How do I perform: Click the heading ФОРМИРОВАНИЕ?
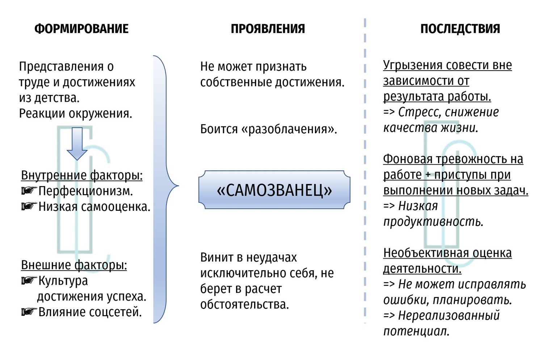81,29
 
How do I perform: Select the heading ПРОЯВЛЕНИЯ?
268,29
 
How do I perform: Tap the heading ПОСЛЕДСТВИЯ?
460,29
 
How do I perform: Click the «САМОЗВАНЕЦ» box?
274,190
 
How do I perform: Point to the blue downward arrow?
77,144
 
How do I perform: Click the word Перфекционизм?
85,191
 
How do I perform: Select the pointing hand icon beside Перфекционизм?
29,191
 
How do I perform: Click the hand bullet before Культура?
29,280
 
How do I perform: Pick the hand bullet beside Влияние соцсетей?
29,311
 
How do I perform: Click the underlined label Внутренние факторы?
82,175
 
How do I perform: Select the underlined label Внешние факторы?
74,265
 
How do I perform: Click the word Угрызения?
412,66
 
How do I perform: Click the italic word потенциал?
416,331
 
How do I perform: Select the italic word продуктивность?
433,222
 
